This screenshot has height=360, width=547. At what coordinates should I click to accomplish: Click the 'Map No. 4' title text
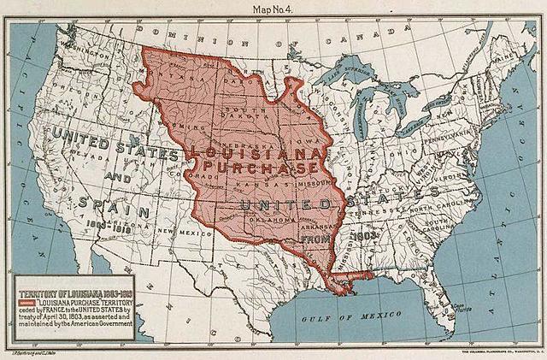point(273,8)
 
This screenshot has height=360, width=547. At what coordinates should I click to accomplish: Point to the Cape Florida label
point(485,310)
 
